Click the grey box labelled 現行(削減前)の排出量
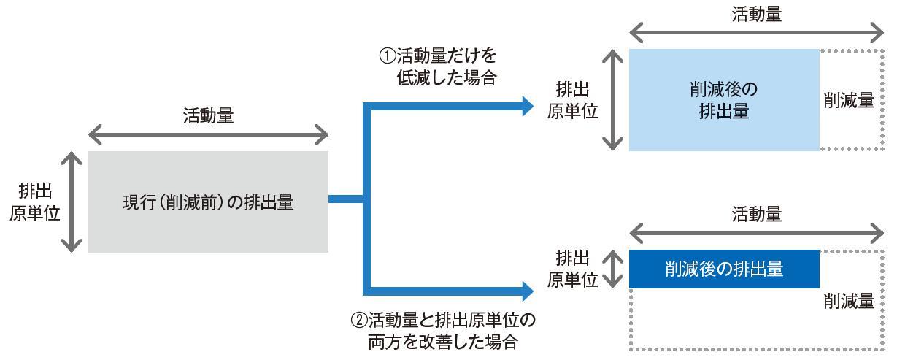[x=207, y=202]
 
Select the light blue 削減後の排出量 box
[x=723, y=100]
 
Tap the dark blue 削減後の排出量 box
[x=723, y=269]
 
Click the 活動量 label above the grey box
[x=208, y=115]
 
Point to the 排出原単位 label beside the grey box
[x=35, y=202]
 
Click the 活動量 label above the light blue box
[x=756, y=15]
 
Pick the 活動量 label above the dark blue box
[x=756, y=215]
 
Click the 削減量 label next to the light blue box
[x=849, y=100]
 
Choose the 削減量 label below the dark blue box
[x=849, y=301]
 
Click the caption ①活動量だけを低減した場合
[x=436, y=66]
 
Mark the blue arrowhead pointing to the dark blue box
[x=528, y=291]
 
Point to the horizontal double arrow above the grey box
[x=208, y=134]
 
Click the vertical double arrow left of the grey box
[x=71, y=202]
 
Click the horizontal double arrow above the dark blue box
[x=756, y=233]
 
